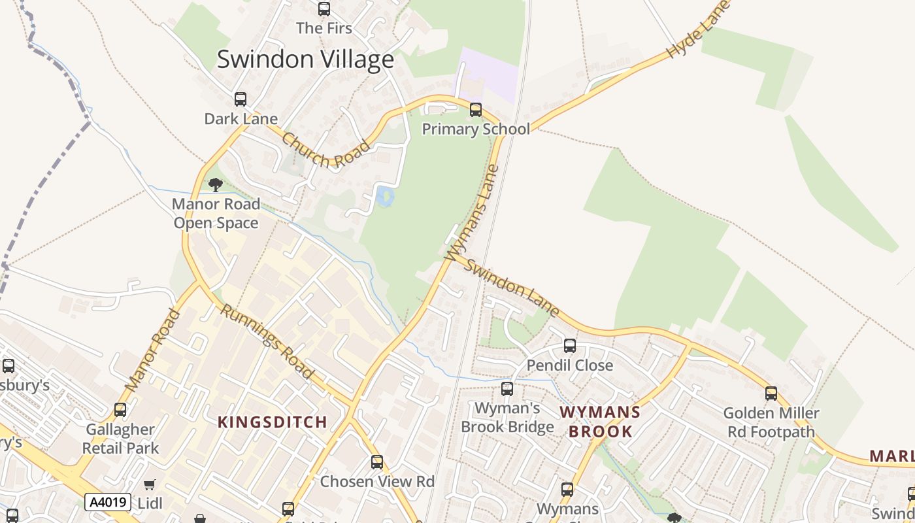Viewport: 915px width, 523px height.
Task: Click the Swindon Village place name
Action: click(x=305, y=59)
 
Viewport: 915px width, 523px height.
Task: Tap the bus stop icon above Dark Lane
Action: click(x=241, y=99)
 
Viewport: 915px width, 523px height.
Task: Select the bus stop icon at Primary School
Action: click(x=476, y=110)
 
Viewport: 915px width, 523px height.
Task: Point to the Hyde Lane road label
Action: click(x=697, y=31)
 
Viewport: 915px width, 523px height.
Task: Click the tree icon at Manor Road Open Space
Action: click(x=216, y=185)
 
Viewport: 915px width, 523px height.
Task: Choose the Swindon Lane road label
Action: click(x=513, y=288)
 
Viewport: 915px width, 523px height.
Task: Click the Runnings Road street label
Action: click(x=265, y=342)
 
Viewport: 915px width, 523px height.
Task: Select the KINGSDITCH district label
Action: click(x=272, y=422)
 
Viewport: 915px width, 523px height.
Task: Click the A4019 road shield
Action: click(x=108, y=502)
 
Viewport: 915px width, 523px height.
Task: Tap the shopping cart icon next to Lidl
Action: click(x=150, y=484)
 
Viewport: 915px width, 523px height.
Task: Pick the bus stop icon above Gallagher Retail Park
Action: click(x=120, y=410)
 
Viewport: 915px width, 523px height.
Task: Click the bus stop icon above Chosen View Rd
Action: click(x=377, y=462)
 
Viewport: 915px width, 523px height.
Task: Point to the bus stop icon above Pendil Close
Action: click(x=570, y=346)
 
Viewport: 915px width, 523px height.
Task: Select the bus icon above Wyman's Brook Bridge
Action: click(x=507, y=389)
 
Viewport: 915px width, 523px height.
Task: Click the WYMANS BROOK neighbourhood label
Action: click(x=600, y=422)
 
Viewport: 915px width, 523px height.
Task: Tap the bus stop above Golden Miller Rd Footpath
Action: click(x=771, y=394)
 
